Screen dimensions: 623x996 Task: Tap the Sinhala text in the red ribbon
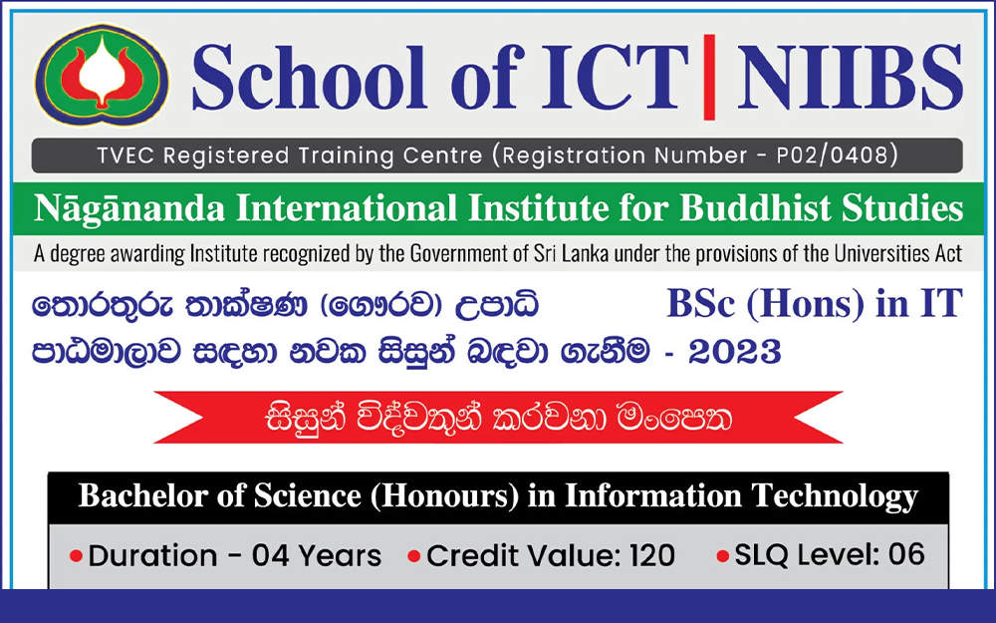(499, 418)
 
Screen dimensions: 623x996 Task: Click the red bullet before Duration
(76, 556)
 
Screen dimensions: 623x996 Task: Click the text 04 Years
(317, 555)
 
